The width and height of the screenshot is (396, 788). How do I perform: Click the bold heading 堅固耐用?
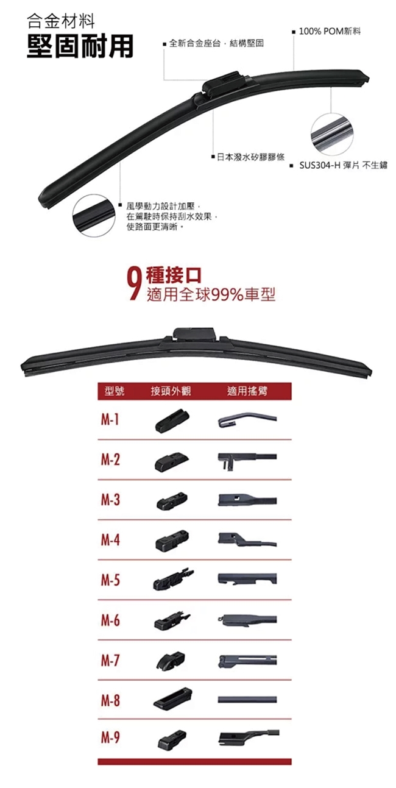point(80,46)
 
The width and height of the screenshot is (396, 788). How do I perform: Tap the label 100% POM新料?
point(330,32)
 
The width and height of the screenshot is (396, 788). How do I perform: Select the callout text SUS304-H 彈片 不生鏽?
point(343,165)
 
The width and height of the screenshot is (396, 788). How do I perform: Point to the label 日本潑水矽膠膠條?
point(250,157)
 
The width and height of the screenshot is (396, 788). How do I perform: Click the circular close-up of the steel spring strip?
point(332,134)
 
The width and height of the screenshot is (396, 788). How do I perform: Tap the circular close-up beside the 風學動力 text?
point(94,216)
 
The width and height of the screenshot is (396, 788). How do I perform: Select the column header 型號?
point(115,391)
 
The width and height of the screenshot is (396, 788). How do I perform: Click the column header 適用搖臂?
point(247,391)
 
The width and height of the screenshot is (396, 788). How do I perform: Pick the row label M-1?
point(110,419)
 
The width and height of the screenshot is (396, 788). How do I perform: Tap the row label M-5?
point(110,580)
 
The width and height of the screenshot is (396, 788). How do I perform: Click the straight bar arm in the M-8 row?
point(247,700)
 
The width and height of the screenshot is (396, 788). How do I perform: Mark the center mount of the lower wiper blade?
point(194,335)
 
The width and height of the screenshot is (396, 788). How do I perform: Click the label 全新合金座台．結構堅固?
point(216,44)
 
